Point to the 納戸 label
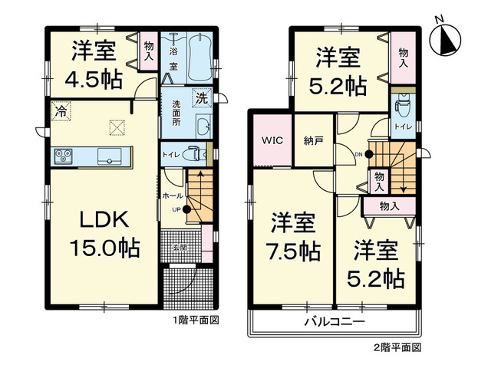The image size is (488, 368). coord(313,141)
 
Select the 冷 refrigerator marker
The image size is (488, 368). coord(59,111)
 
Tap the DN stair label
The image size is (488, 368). coord(358,153)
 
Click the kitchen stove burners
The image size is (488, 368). coord(64,156)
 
